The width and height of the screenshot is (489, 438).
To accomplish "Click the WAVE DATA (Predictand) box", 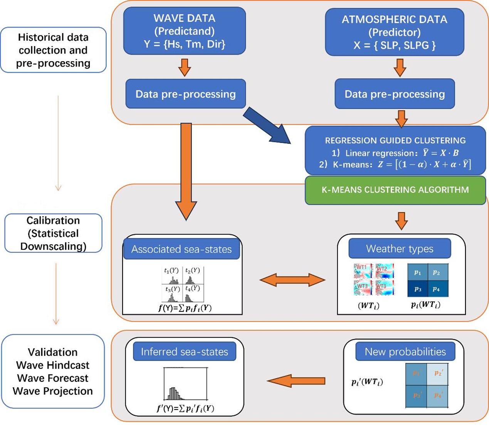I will (185, 31).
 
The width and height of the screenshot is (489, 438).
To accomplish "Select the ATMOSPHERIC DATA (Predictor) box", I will (395, 32).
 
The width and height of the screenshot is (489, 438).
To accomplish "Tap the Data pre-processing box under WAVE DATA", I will (185, 94).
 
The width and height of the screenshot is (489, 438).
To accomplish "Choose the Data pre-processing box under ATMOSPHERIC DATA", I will (395, 94).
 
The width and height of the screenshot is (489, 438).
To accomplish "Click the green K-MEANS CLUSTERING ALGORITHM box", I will (395, 190).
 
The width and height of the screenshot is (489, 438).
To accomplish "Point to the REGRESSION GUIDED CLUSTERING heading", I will (395, 140).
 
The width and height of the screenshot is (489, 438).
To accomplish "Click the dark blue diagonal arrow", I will (267, 125).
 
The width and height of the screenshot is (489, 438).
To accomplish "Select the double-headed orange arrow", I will (292, 280).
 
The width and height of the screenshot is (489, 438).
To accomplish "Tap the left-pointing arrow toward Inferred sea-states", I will (296, 381).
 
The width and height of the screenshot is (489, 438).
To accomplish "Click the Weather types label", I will (400, 249).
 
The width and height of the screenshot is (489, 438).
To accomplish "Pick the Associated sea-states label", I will (181, 249).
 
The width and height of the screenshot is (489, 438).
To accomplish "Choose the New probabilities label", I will (405, 351).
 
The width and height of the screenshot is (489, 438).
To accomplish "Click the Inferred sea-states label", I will (184, 351).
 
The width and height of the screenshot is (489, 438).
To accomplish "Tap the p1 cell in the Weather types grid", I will (418, 272).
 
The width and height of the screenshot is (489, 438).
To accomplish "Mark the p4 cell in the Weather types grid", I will (438, 289).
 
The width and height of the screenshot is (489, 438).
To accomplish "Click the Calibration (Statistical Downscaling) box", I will (53, 233).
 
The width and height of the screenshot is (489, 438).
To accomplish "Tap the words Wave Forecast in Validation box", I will (53, 378).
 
